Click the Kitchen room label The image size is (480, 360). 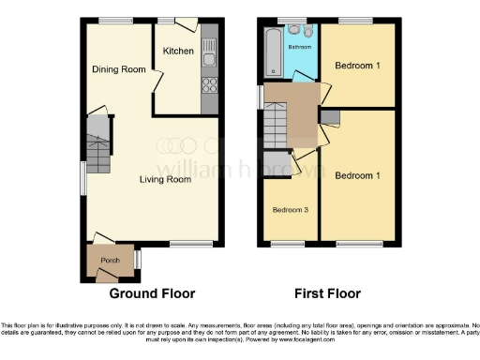click(x=178, y=51)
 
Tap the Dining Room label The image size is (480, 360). click(x=118, y=69)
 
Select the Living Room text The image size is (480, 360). click(x=165, y=179)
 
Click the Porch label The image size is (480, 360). click(x=111, y=260)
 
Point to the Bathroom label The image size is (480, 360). click(x=299, y=46)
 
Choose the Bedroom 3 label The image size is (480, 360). click(x=292, y=209)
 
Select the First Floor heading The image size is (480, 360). click(x=329, y=292)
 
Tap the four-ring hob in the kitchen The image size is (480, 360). click(x=209, y=86)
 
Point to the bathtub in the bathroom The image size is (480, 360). click(x=272, y=52)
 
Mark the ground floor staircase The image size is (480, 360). click(x=98, y=145)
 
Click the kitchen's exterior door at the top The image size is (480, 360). click(x=186, y=22)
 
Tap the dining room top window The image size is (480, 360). click(x=115, y=20)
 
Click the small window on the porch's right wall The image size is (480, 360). click(x=138, y=259)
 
